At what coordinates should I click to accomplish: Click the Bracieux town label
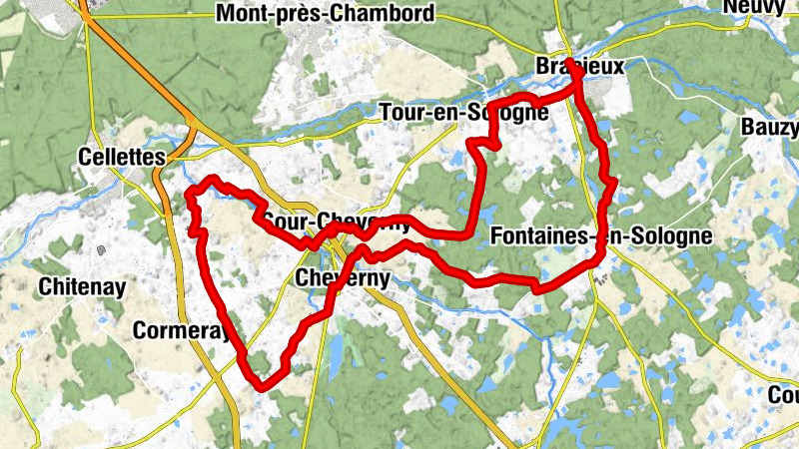(x=579, y=66)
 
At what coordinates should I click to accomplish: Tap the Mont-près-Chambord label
(x=326, y=14)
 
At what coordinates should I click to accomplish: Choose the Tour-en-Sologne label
(x=464, y=113)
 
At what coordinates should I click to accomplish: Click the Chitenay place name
(x=82, y=287)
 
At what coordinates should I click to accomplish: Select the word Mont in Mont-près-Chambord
(x=239, y=14)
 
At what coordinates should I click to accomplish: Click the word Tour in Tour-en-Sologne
(x=401, y=113)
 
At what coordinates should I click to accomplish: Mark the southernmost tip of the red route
(x=262, y=385)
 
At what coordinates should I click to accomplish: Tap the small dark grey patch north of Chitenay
(x=101, y=252)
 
